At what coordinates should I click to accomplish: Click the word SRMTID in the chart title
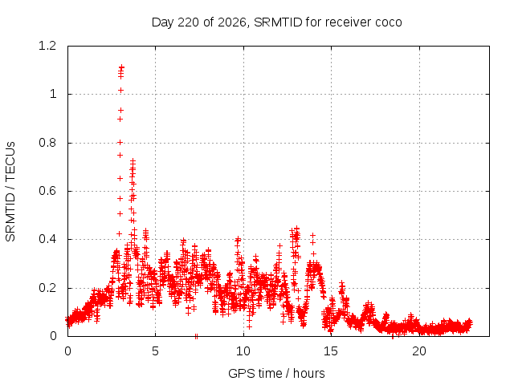[278, 22]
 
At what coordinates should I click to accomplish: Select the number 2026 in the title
[232, 22]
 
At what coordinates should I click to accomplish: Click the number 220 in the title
[188, 22]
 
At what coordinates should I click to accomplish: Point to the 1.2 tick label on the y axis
[47, 46]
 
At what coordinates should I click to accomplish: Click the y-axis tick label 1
[53, 95]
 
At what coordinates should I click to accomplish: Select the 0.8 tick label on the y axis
[47, 143]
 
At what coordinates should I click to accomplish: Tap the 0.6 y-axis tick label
[47, 191]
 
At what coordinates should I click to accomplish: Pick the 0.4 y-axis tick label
[47, 239]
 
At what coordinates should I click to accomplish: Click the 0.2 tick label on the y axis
[47, 288]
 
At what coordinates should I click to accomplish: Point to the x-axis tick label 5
[155, 351]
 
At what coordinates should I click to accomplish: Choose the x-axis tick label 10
[243, 351]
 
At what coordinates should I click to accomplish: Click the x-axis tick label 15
[331, 351]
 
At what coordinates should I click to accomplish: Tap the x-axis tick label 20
[419, 351]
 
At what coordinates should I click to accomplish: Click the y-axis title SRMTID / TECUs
[10, 192]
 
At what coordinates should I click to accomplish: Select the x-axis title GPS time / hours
[276, 374]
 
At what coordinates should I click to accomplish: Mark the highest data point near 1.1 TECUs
[122, 67]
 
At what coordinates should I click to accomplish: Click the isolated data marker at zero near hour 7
[196, 336]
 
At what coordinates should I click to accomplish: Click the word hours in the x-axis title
[308, 374]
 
